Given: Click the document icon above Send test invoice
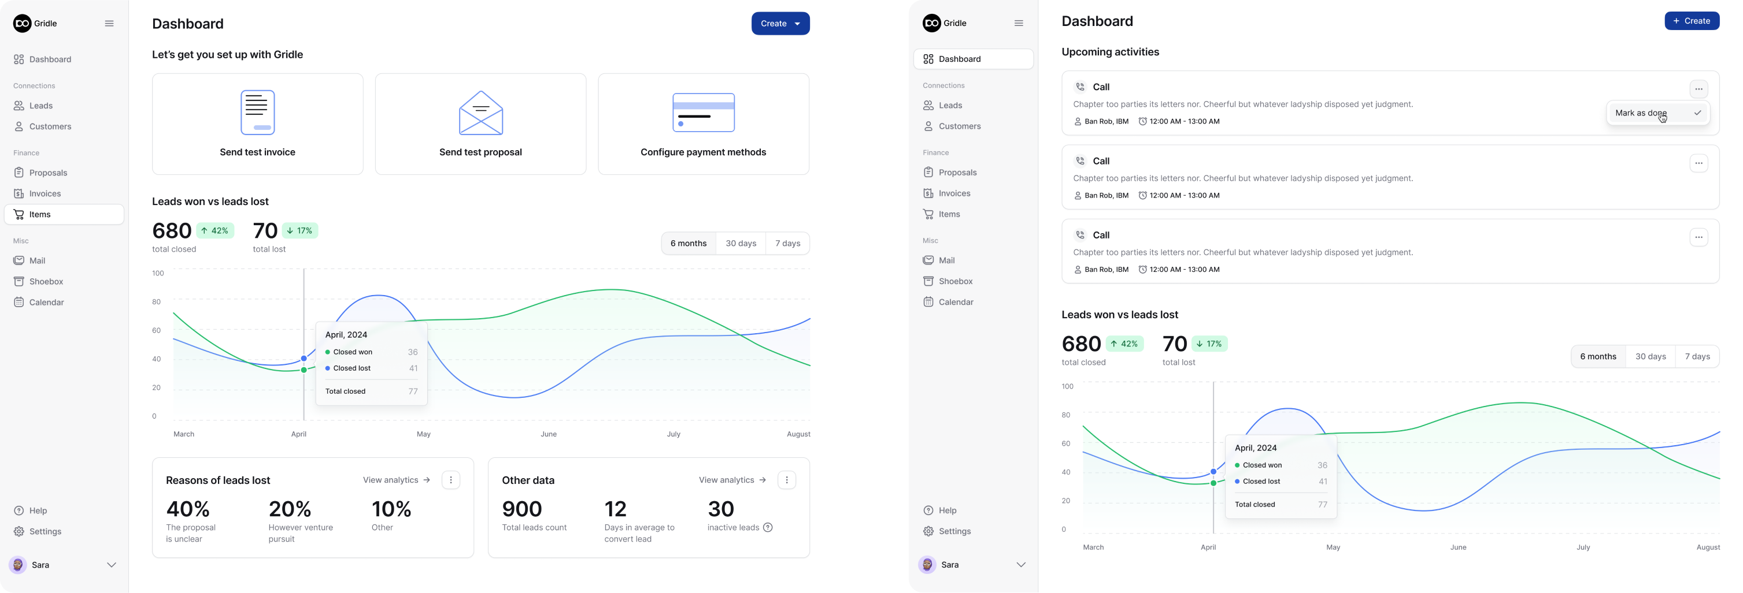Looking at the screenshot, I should (258, 112).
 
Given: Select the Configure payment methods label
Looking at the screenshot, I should (703, 152).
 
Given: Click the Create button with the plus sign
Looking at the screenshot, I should (1691, 21).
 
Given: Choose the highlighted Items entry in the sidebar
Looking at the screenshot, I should (64, 214).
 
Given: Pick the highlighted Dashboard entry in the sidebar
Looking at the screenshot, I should (973, 59).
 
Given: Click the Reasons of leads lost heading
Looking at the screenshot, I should (218, 480).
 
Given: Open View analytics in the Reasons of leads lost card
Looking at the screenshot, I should (397, 480).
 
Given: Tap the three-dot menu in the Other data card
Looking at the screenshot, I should (786, 480).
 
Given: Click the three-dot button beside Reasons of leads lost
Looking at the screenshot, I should (450, 480).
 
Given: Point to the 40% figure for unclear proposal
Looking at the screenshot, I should (188, 509).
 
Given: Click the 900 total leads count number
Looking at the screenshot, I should (521, 509).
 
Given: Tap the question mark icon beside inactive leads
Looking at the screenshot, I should (767, 527).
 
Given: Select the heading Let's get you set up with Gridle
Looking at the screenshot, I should (227, 55).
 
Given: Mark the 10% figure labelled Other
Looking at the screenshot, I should (391, 509).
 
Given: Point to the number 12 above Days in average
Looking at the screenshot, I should (616, 509).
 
